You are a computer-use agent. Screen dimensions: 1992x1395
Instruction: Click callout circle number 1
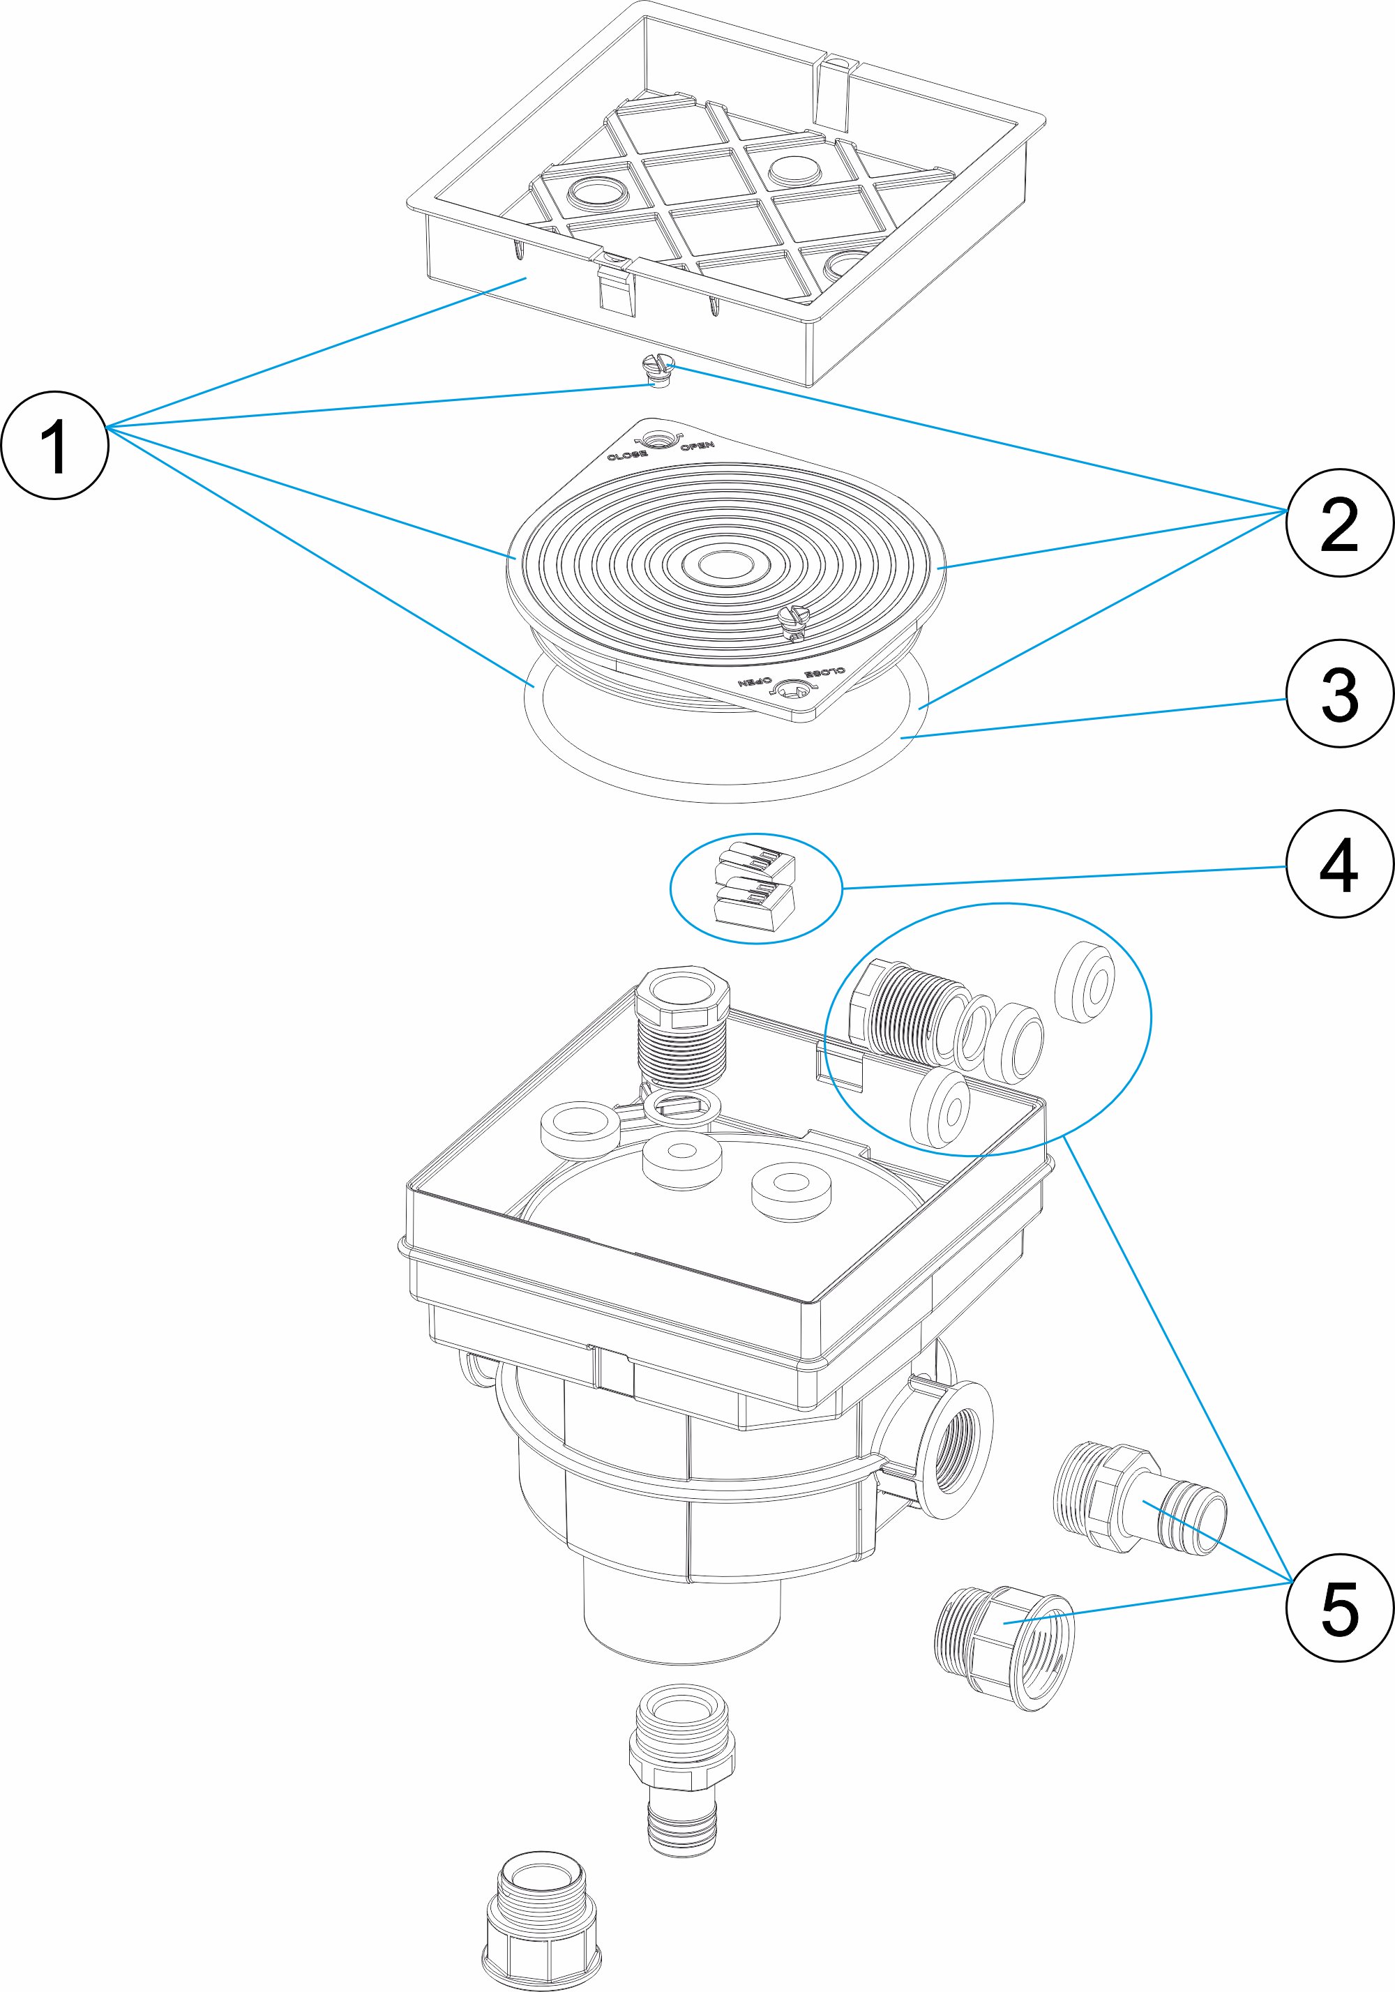[54, 445]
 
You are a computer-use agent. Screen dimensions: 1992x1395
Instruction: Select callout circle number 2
[1339, 523]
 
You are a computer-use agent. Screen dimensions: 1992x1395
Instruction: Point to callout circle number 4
[1339, 864]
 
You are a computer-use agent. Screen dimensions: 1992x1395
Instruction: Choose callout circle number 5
[1339, 1608]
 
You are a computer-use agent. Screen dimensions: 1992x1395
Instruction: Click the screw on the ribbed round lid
[794, 619]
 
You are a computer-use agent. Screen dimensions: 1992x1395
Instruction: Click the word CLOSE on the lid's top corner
[626, 456]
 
